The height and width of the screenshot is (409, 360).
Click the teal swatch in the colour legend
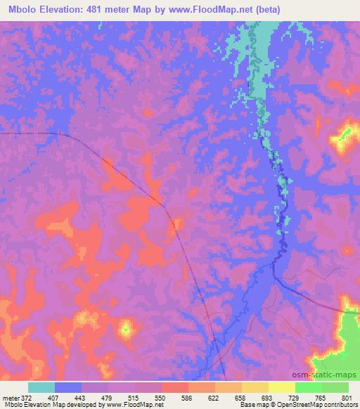[41, 387]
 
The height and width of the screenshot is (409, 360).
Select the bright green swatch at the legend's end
[335, 387]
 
